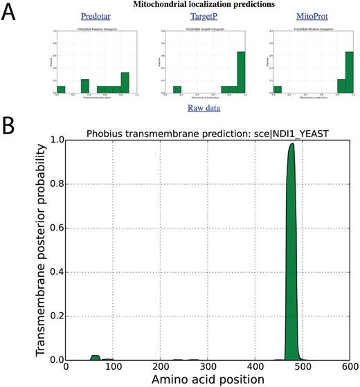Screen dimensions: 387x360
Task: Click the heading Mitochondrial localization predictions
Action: (201, 4)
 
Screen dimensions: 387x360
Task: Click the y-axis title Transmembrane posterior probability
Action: (39, 249)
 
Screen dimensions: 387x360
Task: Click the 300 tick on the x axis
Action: (208, 367)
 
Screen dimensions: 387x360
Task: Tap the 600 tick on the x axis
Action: (350, 367)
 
